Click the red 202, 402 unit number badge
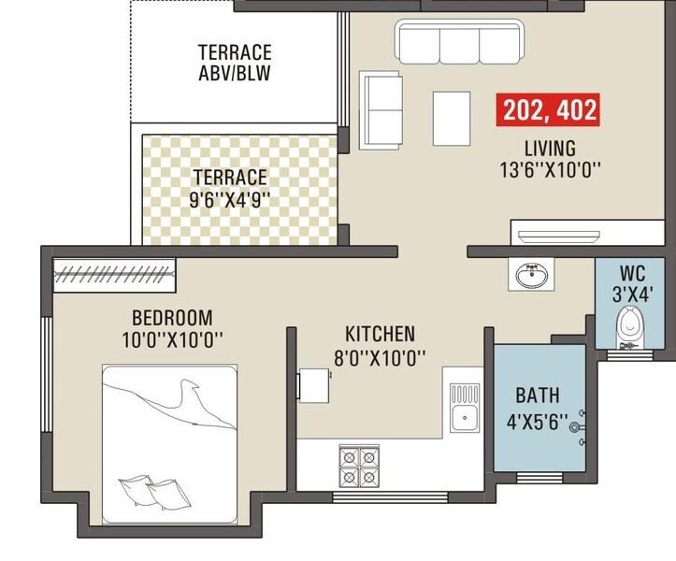pos(550,109)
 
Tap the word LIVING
pos(550,149)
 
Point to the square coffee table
pos(453,118)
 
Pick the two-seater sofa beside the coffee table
pos(381,106)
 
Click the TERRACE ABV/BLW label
pos(235,62)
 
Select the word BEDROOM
pos(172,317)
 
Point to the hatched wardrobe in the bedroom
pos(115,274)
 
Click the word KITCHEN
pos(380,334)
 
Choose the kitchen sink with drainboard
pos(465,408)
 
